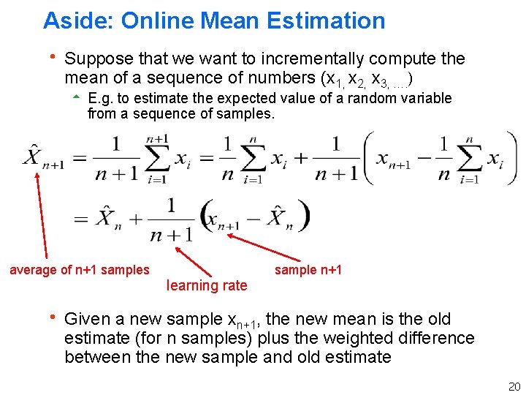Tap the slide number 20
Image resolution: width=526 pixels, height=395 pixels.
(x=514, y=386)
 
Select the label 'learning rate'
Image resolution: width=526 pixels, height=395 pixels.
(x=207, y=285)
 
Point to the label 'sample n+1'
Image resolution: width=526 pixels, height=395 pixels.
(x=308, y=270)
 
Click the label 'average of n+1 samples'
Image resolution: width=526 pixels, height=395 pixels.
(x=79, y=270)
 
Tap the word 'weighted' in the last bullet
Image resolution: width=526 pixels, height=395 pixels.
(x=342, y=338)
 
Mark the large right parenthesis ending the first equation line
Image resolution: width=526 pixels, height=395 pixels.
(x=508, y=158)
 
